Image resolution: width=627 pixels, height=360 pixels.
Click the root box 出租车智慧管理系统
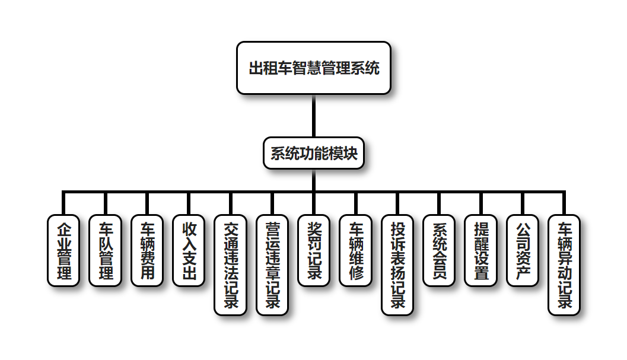(x=314, y=68)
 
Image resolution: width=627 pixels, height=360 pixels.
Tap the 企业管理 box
(x=63, y=251)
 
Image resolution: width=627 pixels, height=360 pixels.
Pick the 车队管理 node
(x=105, y=251)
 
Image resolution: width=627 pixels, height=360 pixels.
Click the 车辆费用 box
(x=147, y=251)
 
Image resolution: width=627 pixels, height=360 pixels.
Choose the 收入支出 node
(x=189, y=251)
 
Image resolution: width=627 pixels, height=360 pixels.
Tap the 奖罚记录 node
(x=314, y=251)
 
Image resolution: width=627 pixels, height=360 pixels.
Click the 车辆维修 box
(x=355, y=251)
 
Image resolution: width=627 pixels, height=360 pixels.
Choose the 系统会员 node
(x=439, y=251)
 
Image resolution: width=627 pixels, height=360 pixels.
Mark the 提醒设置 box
(x=480, y=251)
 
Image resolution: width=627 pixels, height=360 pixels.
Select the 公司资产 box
(x=523, y=251)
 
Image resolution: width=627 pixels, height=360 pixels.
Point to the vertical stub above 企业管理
(x=63, y=203)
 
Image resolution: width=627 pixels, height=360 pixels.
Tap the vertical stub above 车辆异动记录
(x=564, y=203)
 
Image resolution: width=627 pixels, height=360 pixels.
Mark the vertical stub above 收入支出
(x=189, y=203)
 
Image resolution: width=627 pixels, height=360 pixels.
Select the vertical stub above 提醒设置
(x=480, y=203)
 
